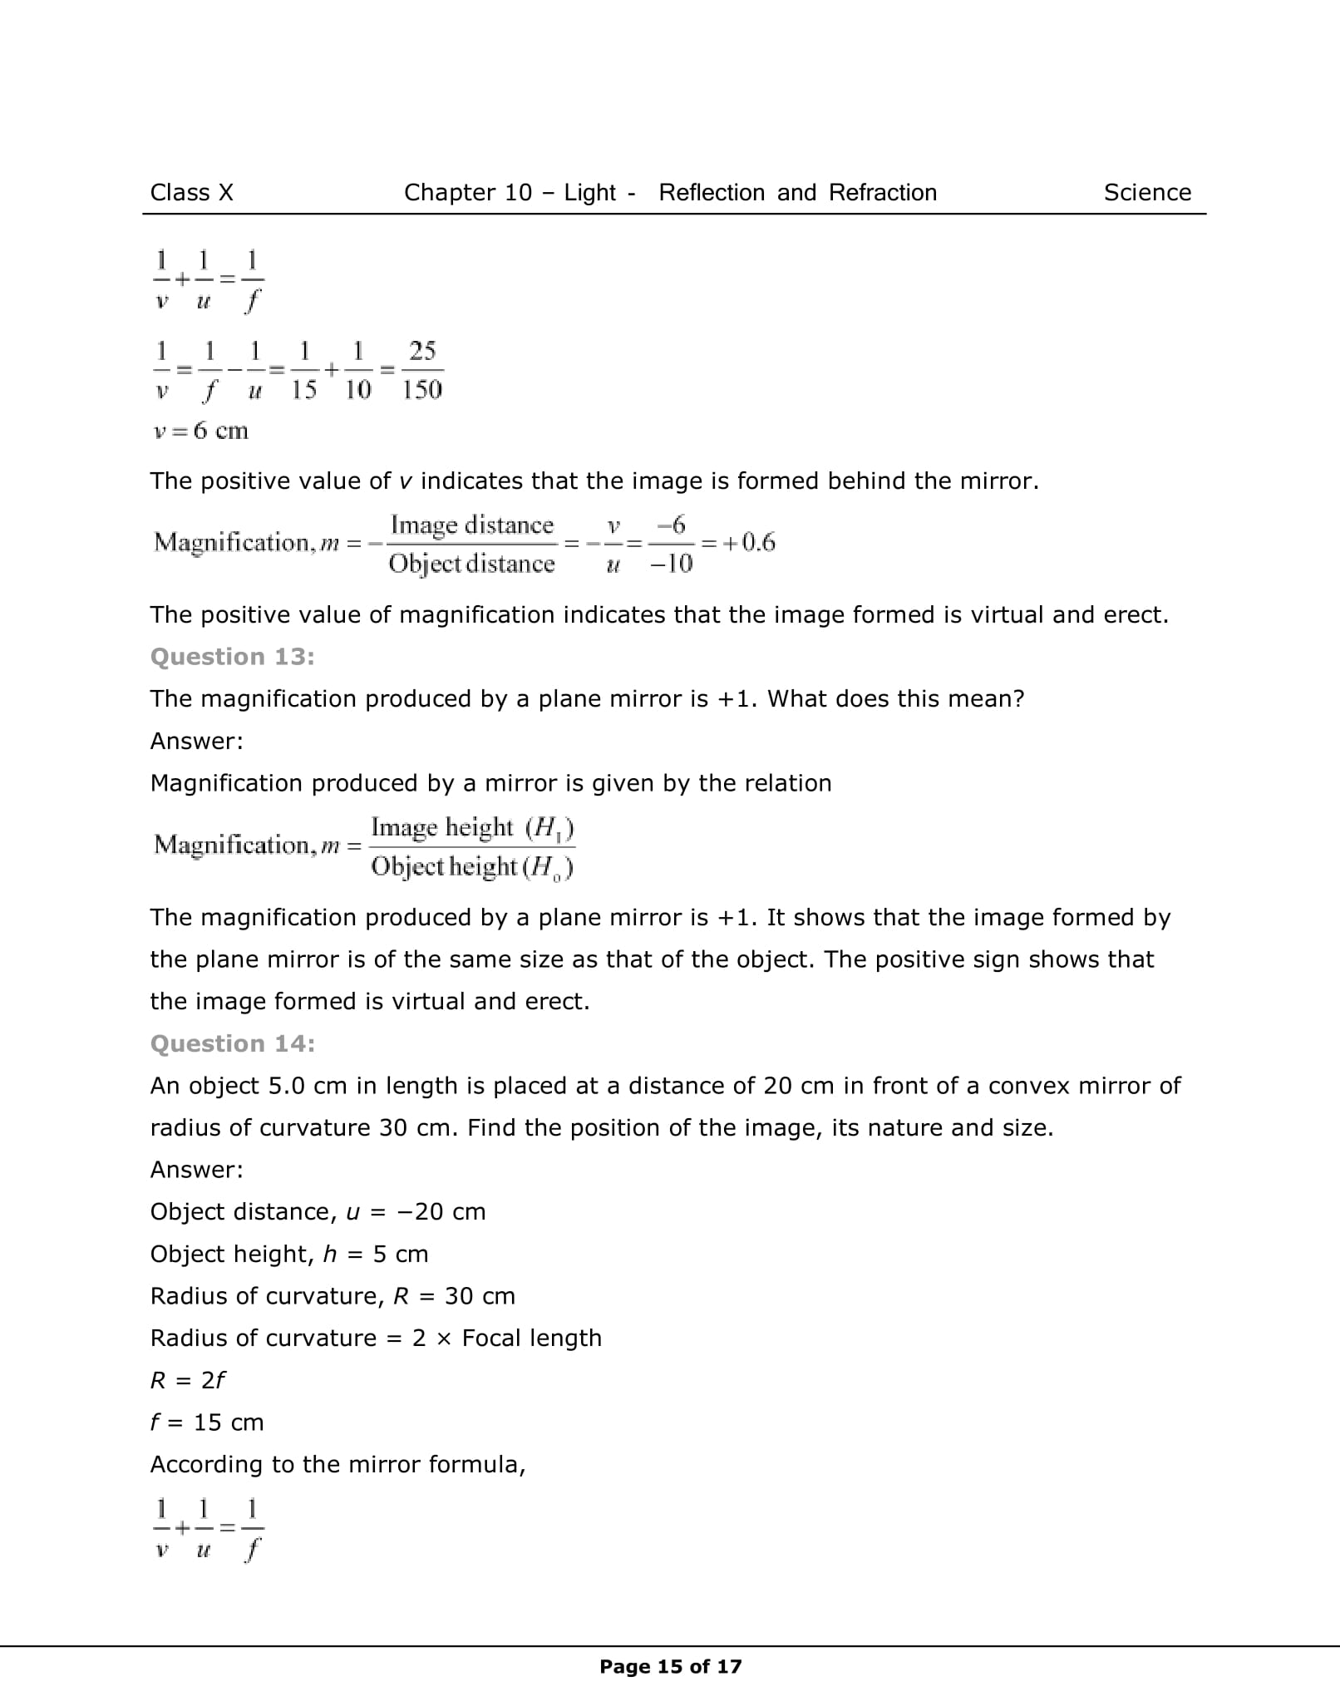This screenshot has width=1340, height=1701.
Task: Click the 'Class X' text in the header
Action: (x=191, y=193)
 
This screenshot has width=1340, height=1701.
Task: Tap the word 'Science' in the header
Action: (x=1146, y=193)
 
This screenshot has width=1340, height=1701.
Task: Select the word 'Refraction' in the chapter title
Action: (x=882, y=193)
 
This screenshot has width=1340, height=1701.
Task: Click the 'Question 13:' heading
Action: (x=232, y=657)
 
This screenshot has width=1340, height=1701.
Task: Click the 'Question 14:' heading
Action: (x=232, y=1043)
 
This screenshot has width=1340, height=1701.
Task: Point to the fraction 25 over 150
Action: (x=422, y=370)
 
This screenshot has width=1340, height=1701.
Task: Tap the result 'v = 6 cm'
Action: (x=200, y=431)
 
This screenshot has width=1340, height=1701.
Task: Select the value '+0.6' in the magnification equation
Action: (x=748, y=543)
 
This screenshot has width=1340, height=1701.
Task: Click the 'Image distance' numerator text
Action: (x=471, y=525)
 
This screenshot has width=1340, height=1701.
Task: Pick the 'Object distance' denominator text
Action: (x=471, y=564)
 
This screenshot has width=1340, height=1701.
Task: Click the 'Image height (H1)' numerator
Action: (x=472, y=828)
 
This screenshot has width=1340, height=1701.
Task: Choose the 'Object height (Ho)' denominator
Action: (x=472, y=867)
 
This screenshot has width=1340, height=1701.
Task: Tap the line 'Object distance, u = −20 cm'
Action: (x=318, y=1211)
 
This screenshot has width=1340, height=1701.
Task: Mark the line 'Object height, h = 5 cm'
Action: (x=288, y=1254)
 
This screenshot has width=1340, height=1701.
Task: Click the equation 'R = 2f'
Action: (x=187, y=1380)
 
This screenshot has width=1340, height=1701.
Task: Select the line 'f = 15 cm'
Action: (x=206, y=1422)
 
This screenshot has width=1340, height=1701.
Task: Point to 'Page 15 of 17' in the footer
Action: (x=670, y=1666)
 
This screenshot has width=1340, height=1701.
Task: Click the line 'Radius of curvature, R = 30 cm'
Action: (x=333, y=1296)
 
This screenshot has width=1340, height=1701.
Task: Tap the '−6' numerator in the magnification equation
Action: (x=671, y=525)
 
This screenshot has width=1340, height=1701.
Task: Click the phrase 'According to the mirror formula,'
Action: (x=337, y=1464)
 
